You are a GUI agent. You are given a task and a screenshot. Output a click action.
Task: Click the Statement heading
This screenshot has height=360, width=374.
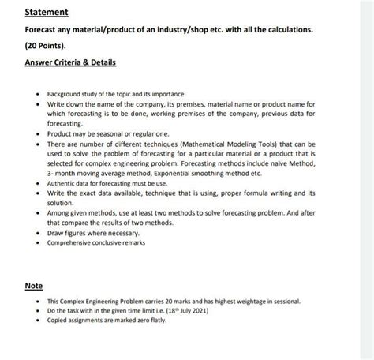click(x=46, y=13)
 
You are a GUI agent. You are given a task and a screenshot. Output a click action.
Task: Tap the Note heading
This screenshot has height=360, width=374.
click(x=33, y=285)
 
